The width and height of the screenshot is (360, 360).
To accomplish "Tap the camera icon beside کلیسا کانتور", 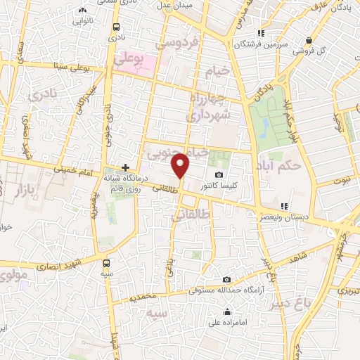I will click(x=219, y=175).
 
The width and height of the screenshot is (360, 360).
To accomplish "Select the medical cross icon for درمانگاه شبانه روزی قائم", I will click(x=125, y=168).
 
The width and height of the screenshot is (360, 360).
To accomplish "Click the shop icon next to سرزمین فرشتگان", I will click(x=261, y=33).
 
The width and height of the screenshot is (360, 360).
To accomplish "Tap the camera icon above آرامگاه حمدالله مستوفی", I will click(x=226, y=280).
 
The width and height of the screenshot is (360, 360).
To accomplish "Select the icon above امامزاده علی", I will click(x=228, y=313).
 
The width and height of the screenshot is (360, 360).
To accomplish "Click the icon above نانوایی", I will click(x=83, y=10).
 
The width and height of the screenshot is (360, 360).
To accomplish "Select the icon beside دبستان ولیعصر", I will click(x=285, y=206).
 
